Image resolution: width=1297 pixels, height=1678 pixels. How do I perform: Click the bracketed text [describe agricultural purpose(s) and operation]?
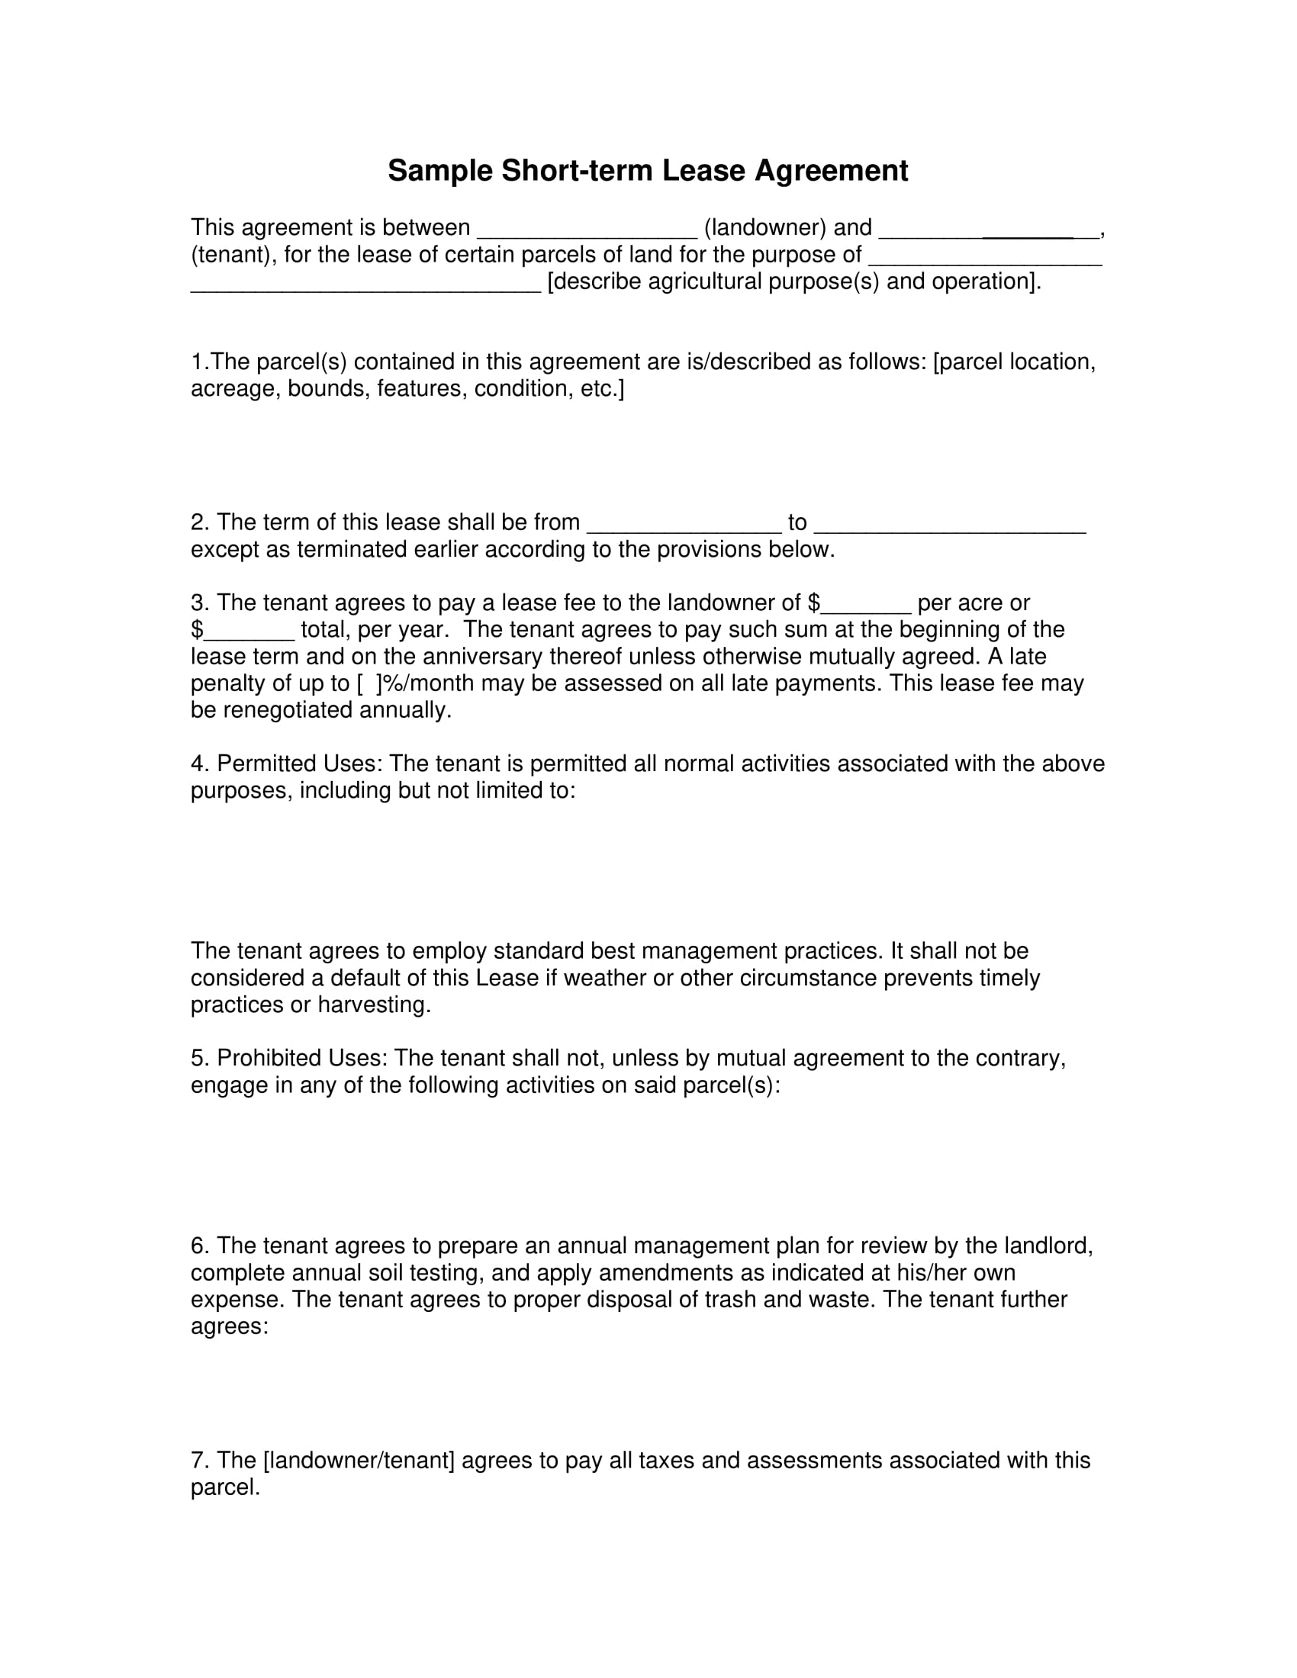coord(793,281)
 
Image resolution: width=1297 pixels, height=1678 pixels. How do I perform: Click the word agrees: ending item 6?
coord(229,1327)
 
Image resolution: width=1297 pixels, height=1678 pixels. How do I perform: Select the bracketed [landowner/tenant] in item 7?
coord(359,1461)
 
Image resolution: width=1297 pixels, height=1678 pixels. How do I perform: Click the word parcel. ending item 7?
coord(225,1487)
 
